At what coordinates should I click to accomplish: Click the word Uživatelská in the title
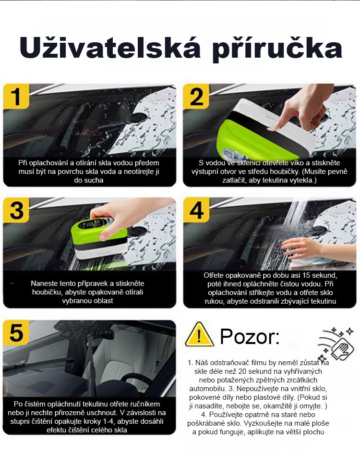[x=110, y=48]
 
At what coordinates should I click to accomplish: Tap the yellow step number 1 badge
[x=16, y=96]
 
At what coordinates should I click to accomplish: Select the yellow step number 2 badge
[x=196, y=96]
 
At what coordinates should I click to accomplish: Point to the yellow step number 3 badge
[x=16, y=210]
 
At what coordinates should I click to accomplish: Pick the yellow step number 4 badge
[x=196, y=210]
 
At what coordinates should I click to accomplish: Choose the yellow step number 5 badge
[x=16, y=332]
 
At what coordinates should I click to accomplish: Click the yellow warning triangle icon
[x=199, y=335]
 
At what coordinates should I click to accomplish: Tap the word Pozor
[x=250, y=336]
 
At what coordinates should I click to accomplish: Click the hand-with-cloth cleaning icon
[x=336, y=344]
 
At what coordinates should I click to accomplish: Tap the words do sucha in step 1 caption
[x=89, y=180]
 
